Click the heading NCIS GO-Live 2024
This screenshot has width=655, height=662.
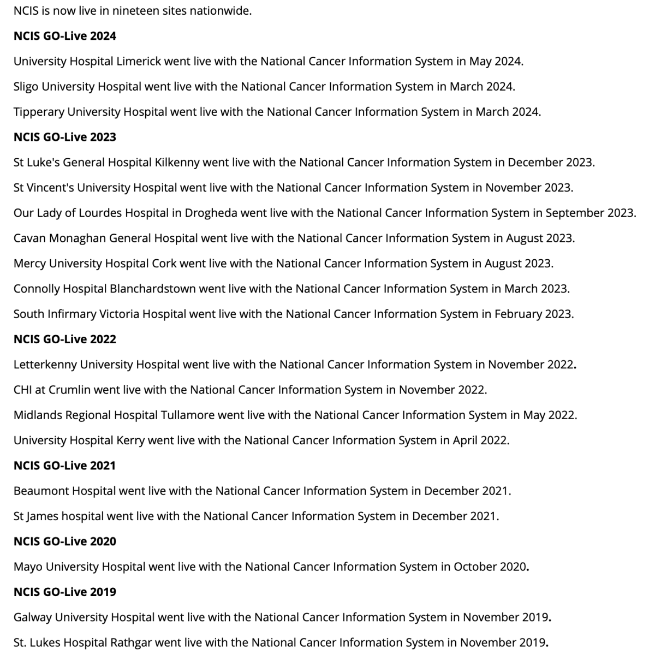(x=64, y=36)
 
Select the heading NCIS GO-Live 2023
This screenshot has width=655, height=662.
(x=64, y=137)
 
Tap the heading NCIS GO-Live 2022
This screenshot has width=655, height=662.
(x=64, y=339)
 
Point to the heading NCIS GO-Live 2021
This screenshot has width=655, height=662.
(x=64, y=466)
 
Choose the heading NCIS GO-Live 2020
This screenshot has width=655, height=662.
(x=64, y=541)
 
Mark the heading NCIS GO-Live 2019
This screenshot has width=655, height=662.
(x=64, y=592)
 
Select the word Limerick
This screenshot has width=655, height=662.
(x=139, y=61)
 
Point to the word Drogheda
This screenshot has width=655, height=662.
(x=211, y=213)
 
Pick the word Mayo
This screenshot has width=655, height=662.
(x=28, y=566)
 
